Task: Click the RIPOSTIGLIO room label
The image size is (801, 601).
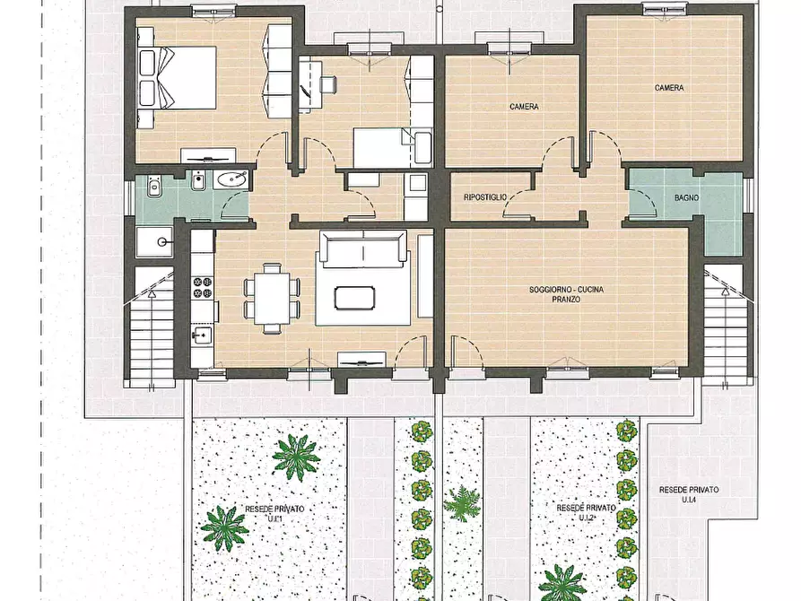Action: [485, 197]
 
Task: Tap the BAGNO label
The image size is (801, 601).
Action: [686, 197]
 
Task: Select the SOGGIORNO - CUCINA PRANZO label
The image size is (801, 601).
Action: [566, 294]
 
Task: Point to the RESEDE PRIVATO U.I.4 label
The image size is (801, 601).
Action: [689, 494]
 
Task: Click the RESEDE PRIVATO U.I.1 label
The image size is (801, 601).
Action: [274, 514]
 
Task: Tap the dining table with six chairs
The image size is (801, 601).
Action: [271, 298]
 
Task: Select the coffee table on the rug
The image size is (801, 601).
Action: [354, 298]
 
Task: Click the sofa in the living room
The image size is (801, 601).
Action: [363, 248]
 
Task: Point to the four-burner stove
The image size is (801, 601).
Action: [203, 287]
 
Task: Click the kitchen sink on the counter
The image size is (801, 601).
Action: [203, 335]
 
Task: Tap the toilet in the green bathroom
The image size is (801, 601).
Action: [153, 187]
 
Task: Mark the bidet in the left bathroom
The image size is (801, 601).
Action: [197, 182]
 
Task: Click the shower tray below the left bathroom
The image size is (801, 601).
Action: [155, 242]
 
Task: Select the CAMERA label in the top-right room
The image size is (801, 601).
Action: [669, 88]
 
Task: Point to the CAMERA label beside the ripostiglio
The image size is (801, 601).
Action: [524, 107]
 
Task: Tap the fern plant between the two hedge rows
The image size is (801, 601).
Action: [462, 503]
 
